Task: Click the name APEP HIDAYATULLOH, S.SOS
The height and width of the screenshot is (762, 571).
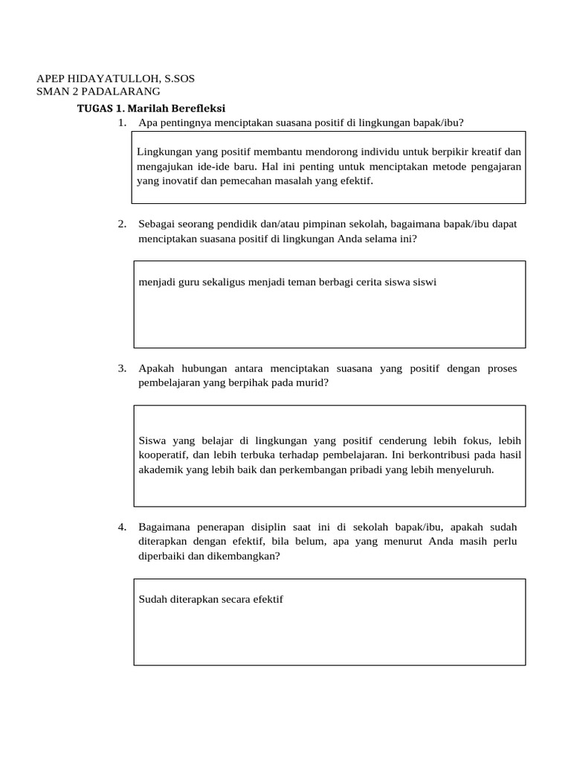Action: point(116,78)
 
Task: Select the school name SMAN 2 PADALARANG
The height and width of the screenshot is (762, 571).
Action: point(98,92)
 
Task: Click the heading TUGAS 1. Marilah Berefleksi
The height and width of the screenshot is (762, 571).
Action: point(151,109)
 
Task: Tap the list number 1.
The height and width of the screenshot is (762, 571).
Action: point(122,123)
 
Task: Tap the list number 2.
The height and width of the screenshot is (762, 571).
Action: point(122,224)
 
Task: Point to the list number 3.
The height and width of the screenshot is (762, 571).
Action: point(122,368)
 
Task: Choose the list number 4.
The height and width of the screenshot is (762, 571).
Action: point(122,527)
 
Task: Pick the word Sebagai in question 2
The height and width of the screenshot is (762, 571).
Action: point(157,224)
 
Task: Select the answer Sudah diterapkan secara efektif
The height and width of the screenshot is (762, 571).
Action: point(211,599)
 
